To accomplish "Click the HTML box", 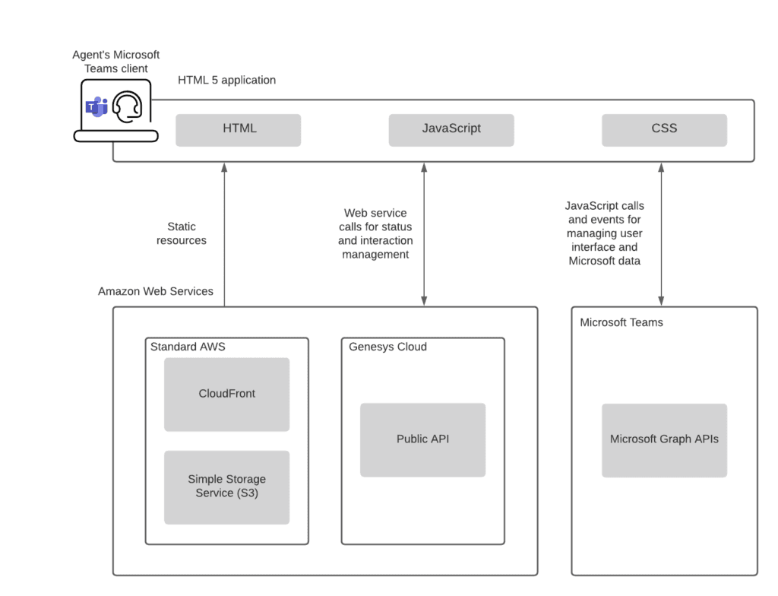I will (239, 130).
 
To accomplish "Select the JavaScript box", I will (451, 130).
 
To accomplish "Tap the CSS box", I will (664, 130).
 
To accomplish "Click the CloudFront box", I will (226, 394).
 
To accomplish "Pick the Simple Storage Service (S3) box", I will (226, 487).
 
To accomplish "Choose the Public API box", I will (422, 439).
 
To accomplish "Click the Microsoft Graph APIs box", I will (664, 439).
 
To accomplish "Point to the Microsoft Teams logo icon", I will (96, 107).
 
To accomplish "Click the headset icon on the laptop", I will (127, 107).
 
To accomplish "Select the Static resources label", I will (182, 233).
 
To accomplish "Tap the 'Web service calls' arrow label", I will (375, 233).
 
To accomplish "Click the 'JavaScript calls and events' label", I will (605, 233).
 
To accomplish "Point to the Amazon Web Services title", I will (156, 291).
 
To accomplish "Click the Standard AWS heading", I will (188, 347).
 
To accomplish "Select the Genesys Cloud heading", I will (387, 347).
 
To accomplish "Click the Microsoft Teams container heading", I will (621, 322).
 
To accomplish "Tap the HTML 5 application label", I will (226, 80).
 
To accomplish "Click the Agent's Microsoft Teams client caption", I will (116, 62).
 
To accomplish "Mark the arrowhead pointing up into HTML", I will (224, 167).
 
